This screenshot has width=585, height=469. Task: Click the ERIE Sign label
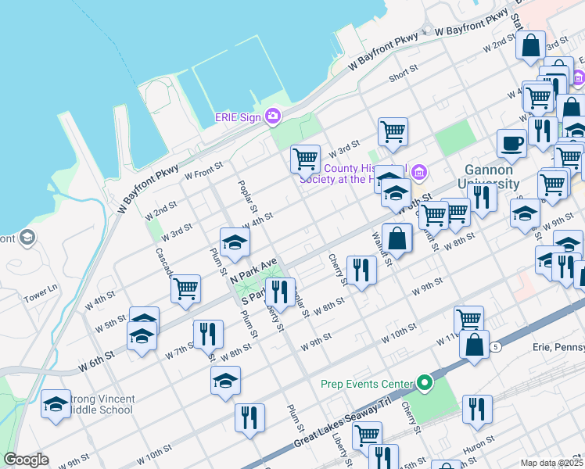[x=239, y=117]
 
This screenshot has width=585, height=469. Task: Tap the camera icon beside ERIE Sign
[x=273, y=116]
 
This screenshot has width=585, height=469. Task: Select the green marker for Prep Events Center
[x=425, y=383]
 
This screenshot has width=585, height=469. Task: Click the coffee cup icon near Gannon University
[x=511, y=143]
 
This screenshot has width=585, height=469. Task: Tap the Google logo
[x=26, y=460]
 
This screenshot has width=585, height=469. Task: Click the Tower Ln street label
[x=41, y=292]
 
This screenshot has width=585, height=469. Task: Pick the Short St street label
[x=404, y=77]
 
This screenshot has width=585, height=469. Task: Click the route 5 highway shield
[x=495, y=345]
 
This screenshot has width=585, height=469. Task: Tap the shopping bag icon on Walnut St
[x=397, y=238]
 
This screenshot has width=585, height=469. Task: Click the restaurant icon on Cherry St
[x=361, y=270]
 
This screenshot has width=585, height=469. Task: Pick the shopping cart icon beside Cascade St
[x=186, y=288]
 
